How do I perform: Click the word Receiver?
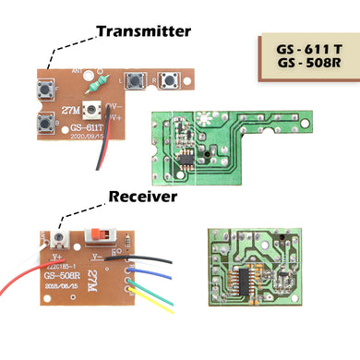tap(143, 197)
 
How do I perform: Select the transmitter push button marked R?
tap(168, 81)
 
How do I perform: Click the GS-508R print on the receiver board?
tap(62, 274)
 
